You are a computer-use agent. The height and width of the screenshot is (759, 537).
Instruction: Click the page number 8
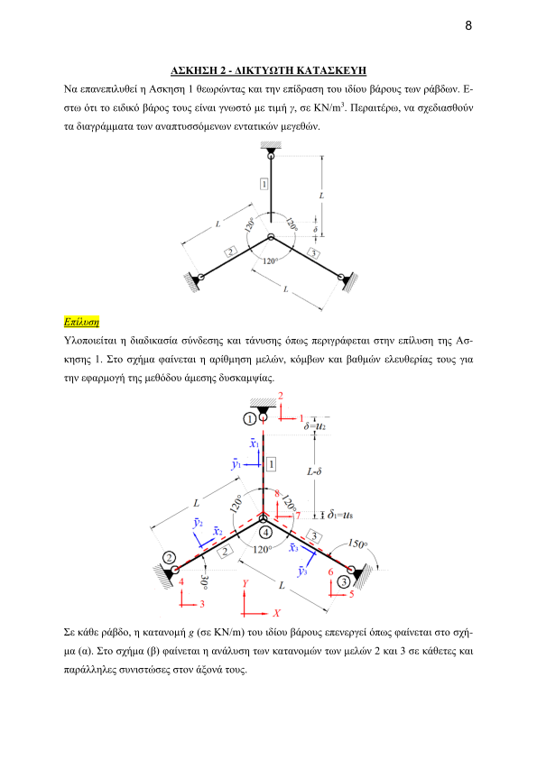click(x=468, y=25)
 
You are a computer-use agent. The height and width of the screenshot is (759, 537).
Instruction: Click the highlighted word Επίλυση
click(x=81, y=322)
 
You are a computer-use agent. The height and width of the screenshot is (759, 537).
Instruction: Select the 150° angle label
click(x=357, y=544)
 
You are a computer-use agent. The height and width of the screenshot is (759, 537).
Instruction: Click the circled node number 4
click(x=265, y=533)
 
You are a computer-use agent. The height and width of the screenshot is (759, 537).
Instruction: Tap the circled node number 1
click(x=250, y=418)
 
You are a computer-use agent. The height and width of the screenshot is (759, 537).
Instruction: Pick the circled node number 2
click(x=169, y=558)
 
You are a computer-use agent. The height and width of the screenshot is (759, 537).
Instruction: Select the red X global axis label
click(x=276, y=613)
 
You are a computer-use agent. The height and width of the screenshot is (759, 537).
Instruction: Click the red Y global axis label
click(x=245, y=583)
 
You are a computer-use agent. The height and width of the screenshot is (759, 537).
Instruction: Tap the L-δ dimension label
click(x=315, y=471)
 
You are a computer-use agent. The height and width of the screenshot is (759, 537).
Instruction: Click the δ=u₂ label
click(x=315, y=426)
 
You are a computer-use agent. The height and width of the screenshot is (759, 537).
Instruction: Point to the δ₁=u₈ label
click(x=340, y=514)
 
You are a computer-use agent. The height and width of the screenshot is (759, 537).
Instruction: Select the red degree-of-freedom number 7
click(x=298, y=516)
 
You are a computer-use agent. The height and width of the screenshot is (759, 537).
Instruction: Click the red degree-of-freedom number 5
click(x=352, y=594)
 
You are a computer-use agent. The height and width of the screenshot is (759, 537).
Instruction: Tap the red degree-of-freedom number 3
click(x=202, y=604)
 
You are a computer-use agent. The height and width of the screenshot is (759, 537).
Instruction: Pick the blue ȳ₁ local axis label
click(x=236, y=463)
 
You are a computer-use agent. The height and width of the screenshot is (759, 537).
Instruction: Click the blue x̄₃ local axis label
click(x=293, y=547)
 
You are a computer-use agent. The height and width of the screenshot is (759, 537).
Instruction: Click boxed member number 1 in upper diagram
click(x=264, y=185)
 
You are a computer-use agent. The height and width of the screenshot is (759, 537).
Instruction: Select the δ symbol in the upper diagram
click(x=316, y=229)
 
